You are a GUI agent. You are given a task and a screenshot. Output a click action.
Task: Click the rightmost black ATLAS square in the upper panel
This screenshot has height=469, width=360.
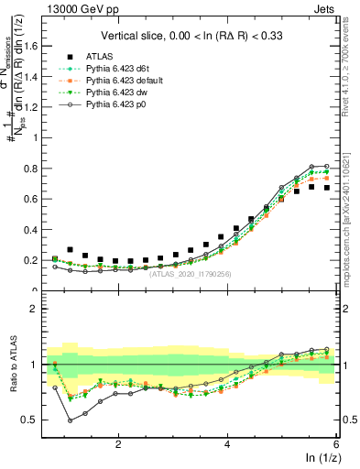tap(327, 188)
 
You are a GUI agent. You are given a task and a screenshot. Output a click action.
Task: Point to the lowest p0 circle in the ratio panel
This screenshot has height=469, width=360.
tap(71, 420)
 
